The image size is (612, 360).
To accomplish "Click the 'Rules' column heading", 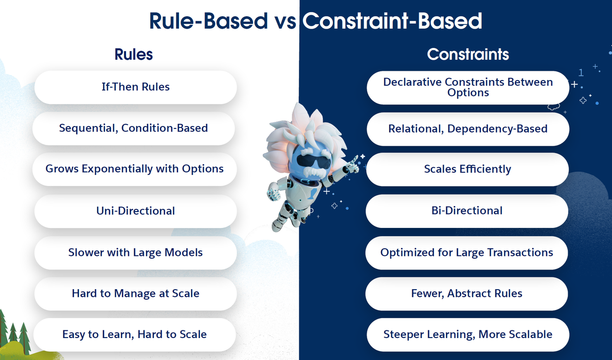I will pos(134,54).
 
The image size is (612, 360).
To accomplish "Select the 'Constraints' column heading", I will pos(468,54).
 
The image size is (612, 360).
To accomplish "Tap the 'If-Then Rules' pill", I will pos(135,87).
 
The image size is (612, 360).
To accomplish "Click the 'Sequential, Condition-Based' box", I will pos(134,128).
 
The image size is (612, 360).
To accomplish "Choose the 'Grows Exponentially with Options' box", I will pos(134,169).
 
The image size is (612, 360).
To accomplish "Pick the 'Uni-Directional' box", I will pos(135,211).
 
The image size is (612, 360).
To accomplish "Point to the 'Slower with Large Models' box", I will pos(135,252).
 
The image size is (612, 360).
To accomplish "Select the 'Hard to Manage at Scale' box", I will pos(135,293).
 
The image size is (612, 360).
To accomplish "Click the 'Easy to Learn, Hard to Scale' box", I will pos(134,335).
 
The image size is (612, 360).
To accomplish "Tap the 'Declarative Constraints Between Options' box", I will pos(468,87).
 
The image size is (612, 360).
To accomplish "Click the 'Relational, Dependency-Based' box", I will pos(468,128).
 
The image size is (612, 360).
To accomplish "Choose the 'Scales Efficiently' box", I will pos(467,169).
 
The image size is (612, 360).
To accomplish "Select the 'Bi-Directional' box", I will pos(467,211).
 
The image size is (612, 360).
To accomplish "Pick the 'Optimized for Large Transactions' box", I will pos(467,252).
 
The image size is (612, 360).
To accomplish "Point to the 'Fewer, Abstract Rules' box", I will pos(467,293).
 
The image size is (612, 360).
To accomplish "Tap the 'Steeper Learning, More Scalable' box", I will pos(468,335).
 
